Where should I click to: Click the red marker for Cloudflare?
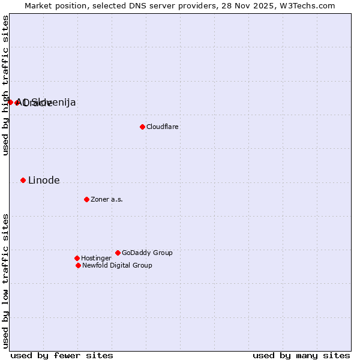click(x=142, y=127)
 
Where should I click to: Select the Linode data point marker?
click(x=23, y=180)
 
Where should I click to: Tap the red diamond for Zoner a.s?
click(x=86, y=199)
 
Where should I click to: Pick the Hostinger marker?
click(x=77, y=258)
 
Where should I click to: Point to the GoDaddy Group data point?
click(x=118, y=253)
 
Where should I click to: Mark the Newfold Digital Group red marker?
click(x=78, y=265)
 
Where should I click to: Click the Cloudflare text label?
click(x=162, y=127)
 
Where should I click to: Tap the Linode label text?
click(x=44, y=180)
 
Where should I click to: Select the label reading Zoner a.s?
click(x=107, y=199)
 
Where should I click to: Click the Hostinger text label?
click(x=96, y=258)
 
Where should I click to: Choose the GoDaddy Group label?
click(x=147, y=253)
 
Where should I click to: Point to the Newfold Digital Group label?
click(x=117, y=265)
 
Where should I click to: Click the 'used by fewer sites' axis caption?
click(x=62, y=355)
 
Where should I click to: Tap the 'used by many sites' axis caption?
click(x=301, y=355)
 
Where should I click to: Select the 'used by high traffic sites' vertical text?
click(x=5, y=85)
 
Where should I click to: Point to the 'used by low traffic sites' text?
click(x=5, y=280)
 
